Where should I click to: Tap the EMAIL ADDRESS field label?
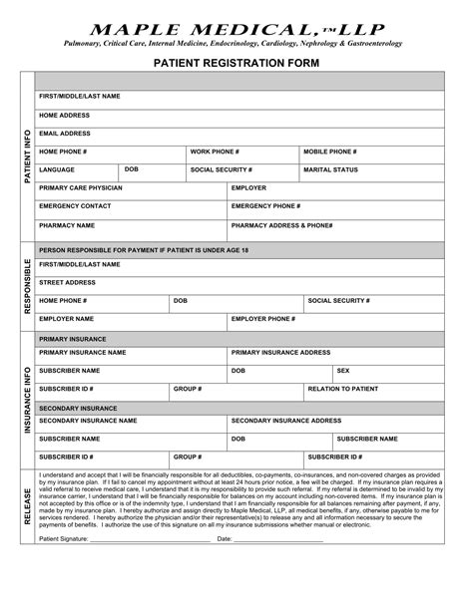coord(65,133)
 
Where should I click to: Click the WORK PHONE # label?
coord(215,151)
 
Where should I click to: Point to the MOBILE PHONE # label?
coord(330,151)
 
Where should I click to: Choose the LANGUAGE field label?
coord(57,169)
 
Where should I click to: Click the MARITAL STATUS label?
coord(331,169)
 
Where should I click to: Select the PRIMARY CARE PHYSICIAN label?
coord(81,187)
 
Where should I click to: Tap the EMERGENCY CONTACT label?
coord(75,206)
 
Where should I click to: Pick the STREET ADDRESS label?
coord(67,282)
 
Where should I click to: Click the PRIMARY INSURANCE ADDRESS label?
coord(280,352)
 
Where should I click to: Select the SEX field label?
coord(343,370)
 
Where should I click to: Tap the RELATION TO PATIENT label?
coord(343,388)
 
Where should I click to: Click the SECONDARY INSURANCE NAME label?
coord(88,421)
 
